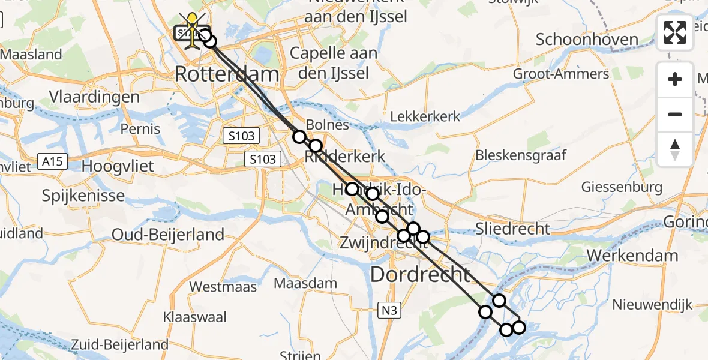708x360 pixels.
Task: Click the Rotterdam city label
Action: (x=227, y=75)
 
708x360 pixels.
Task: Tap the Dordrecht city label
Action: (x=420, y=275)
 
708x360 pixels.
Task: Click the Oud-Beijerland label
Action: (x=168, y=235)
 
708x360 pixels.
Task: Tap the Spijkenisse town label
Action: (x=83, y=196)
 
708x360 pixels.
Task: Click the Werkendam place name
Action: (x=632, y=256)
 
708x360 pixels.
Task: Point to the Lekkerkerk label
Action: (x=425, y=116)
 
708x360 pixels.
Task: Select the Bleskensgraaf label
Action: (x=521, y=156)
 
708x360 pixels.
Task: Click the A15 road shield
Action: (x=50, y=161)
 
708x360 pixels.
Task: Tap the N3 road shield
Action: (x=389, y=310)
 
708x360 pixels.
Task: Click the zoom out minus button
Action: (x=675, y=114)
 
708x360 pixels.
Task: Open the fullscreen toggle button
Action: (x=675, y=32)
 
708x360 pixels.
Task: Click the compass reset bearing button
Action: (x=675, y=149)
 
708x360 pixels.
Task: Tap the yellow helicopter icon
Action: (x=192, y=27)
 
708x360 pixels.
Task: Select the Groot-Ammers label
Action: (x=561, y=74)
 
